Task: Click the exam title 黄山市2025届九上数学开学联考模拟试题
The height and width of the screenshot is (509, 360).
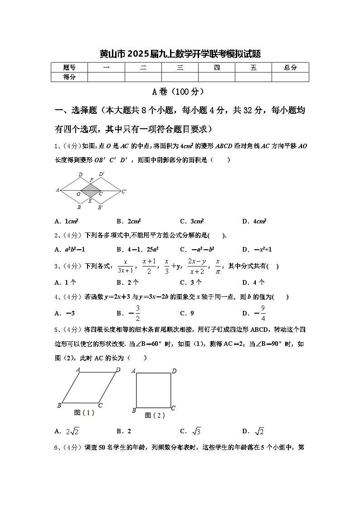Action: [180, 54]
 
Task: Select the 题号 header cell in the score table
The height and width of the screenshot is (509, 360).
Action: [69, 68]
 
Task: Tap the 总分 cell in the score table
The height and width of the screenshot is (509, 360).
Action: [290, 68]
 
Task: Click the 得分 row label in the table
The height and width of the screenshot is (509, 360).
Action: [69, 77]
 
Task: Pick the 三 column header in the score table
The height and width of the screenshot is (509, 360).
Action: [180, 68]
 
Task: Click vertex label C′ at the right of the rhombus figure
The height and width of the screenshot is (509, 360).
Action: [123, 192]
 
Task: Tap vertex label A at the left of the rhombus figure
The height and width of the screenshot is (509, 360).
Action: [58, 190]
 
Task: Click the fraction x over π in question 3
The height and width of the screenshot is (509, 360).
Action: [218, 266]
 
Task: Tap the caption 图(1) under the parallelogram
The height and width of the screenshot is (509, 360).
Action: [84, 413]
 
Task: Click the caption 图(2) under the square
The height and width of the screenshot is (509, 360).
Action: [155, 415]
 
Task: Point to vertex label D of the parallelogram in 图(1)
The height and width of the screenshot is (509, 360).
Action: [118, 370]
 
